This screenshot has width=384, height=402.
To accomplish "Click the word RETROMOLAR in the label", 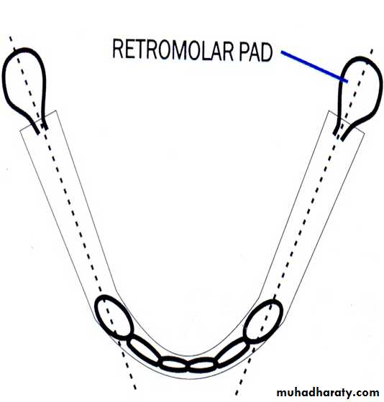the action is pos(173,50).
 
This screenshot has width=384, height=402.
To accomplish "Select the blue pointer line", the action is pos(314,67).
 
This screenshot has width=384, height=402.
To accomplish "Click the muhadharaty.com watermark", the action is pos(328,392).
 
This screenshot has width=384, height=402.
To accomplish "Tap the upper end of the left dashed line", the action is pos(10,37).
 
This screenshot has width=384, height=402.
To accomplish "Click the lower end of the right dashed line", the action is pos(236,394).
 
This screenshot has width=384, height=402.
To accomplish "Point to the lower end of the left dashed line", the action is pos(135,388).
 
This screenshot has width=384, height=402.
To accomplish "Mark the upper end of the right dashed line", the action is pos(372,49).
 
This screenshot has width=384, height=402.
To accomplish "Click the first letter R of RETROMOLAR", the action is pos(118,48).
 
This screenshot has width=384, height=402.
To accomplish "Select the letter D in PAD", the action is pos(265,52).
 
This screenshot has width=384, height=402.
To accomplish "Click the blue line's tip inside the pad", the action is pos(347,82).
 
